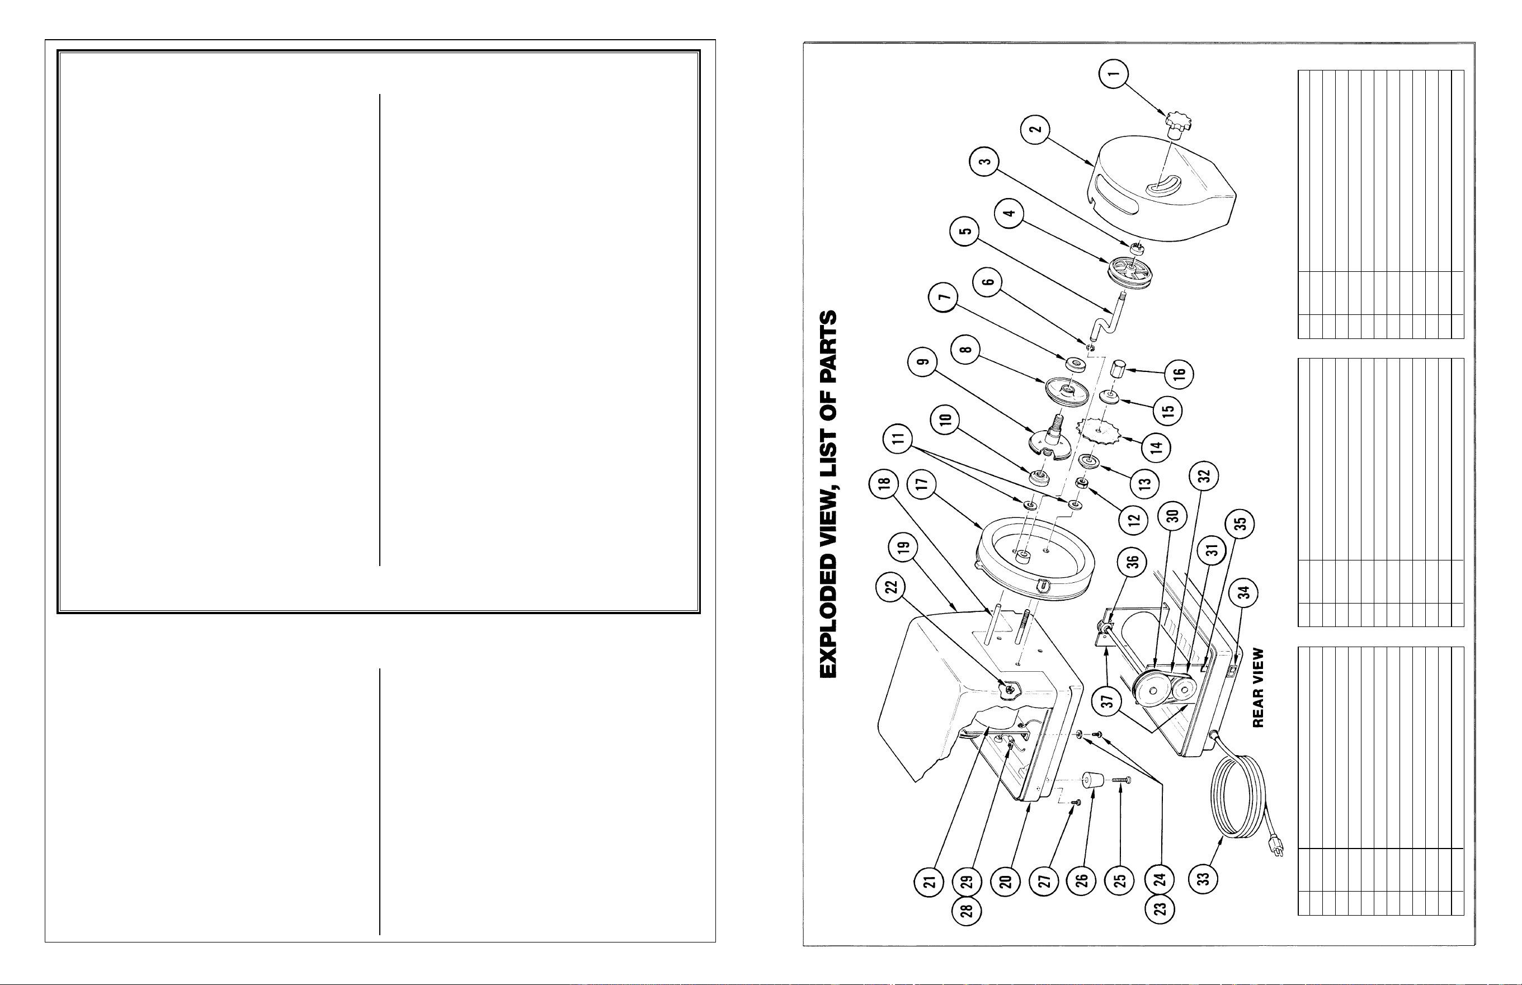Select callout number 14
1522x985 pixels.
1156,446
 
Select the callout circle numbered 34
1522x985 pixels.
1244,593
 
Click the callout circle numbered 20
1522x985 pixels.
1006,882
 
